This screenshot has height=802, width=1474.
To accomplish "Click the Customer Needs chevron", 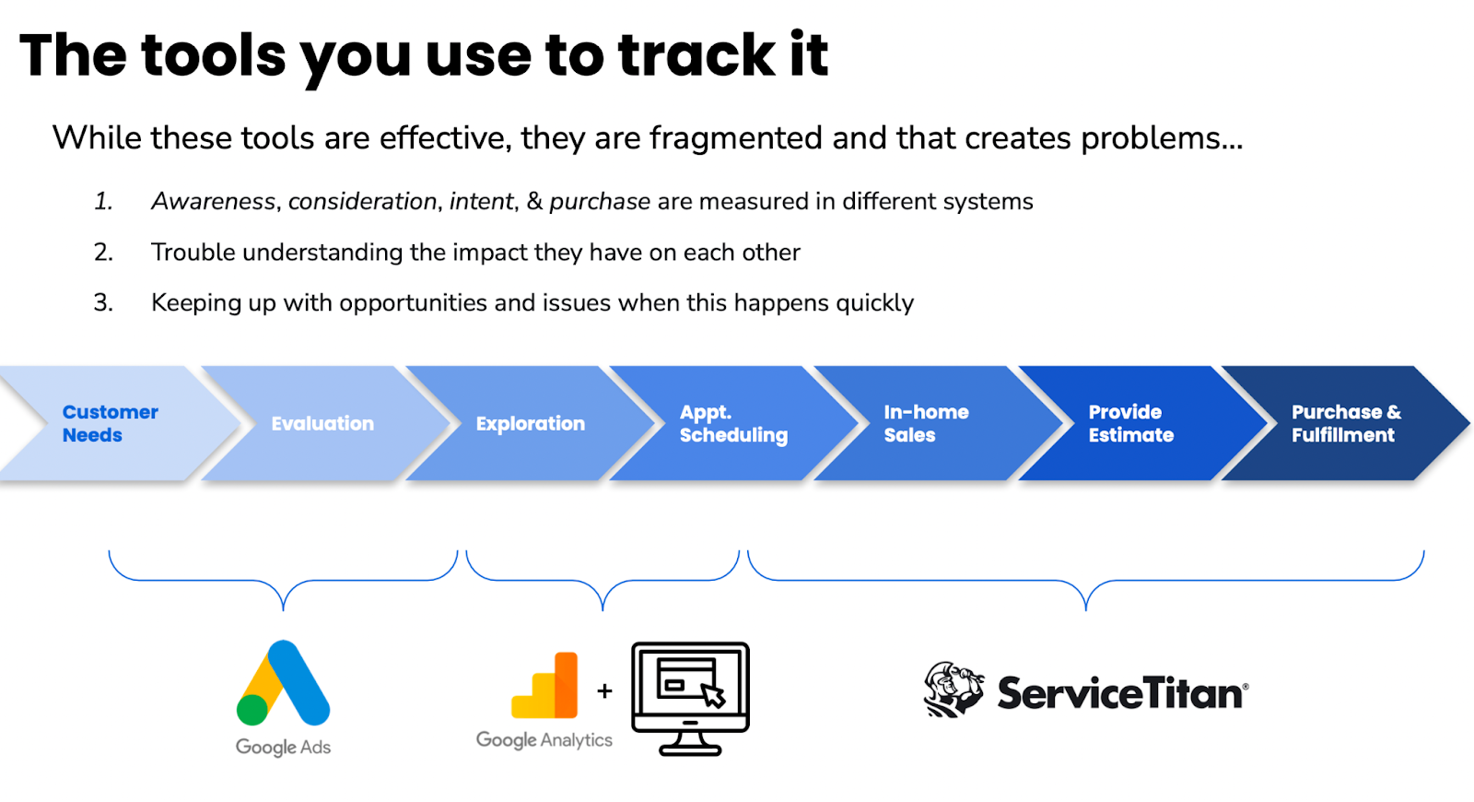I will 111,423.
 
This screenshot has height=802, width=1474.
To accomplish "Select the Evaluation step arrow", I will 322,423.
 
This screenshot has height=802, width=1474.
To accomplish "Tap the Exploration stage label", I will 530,423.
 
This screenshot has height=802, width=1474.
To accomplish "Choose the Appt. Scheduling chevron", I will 732,423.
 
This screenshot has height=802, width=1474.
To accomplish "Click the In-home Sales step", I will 926,423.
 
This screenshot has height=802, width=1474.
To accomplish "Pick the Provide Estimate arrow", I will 1130,423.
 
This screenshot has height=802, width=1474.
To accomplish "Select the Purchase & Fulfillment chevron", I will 1345,423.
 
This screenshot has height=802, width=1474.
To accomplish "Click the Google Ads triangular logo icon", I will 284,683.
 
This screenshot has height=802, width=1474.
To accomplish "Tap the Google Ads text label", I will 283,747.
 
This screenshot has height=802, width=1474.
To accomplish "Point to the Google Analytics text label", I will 544,739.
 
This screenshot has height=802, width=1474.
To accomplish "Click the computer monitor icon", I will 690,698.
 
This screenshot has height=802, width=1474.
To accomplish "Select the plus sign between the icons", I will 604,690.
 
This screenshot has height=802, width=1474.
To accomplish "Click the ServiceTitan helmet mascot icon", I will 953,690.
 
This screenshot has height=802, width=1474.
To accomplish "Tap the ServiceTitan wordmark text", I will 1121,693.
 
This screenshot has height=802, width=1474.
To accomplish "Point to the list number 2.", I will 103,252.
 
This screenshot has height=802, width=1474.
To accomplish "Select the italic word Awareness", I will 214,201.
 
